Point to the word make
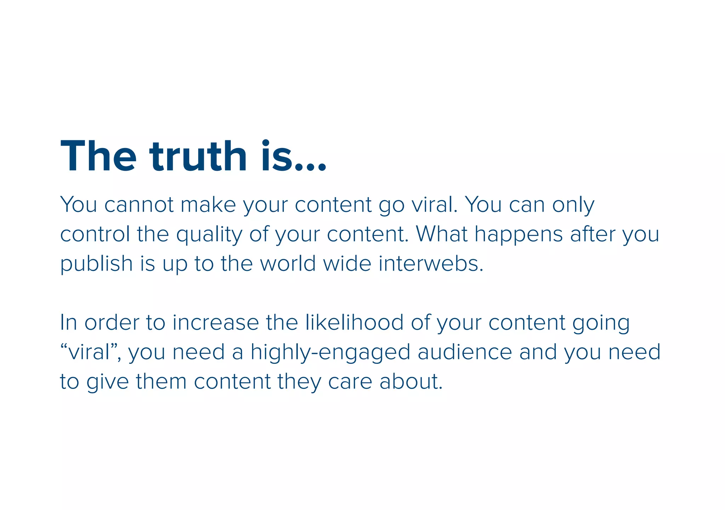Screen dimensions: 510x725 point(208,205)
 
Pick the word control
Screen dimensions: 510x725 point(95,234)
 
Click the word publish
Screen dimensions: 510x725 point(96,264)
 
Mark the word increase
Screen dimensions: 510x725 point(216,323)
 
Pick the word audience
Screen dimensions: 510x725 point(465,352)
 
